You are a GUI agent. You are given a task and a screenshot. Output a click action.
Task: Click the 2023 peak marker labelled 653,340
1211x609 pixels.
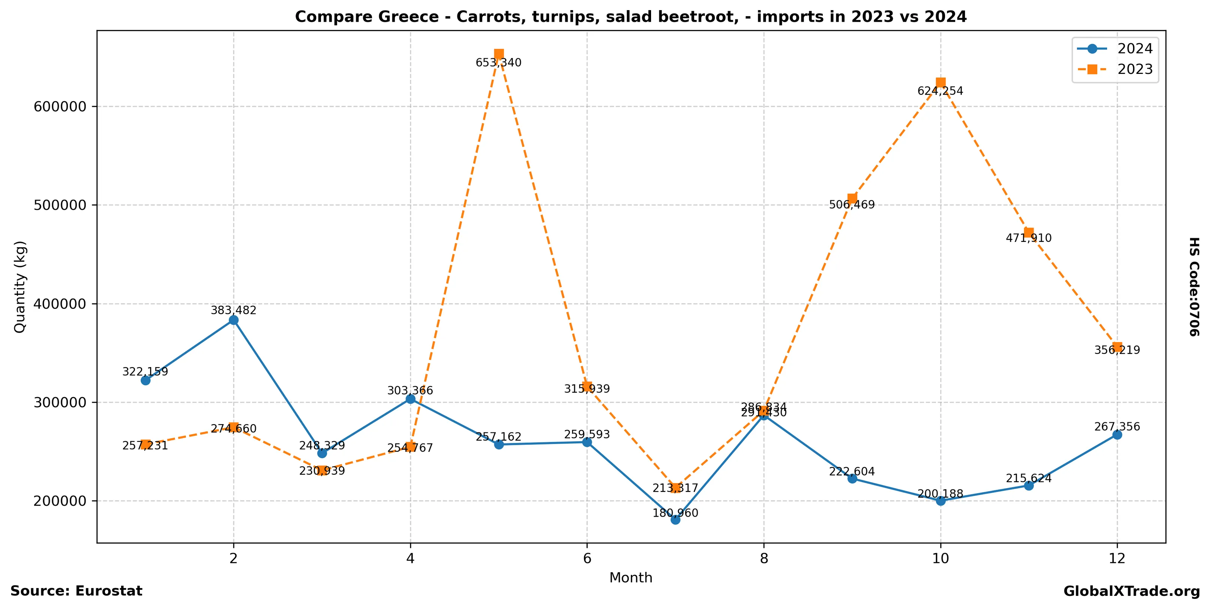point(499,54)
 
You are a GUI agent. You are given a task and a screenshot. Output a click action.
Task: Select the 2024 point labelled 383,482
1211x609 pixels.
point(234,320)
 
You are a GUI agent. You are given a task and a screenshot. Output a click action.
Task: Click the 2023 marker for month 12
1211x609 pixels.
point(1118,347)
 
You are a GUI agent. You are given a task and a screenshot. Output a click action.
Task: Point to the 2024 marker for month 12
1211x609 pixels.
point(1118,435)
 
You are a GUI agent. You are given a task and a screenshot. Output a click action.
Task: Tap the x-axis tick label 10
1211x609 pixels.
point(940,558)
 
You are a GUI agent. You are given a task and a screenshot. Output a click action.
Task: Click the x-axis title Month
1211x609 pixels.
point(630,577)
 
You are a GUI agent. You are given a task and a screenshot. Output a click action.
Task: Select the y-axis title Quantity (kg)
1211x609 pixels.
point(20,286)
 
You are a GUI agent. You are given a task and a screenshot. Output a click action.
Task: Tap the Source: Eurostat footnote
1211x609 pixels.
point(76,591)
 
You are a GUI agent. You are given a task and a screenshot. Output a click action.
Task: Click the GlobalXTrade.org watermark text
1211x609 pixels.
point(1131,591)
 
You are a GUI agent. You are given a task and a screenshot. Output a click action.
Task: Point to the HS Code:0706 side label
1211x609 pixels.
point(1194,286)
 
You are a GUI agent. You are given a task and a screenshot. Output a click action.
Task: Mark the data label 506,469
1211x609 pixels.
point(851,205)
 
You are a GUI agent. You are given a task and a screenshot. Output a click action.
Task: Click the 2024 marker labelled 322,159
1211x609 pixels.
point(145,380)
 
